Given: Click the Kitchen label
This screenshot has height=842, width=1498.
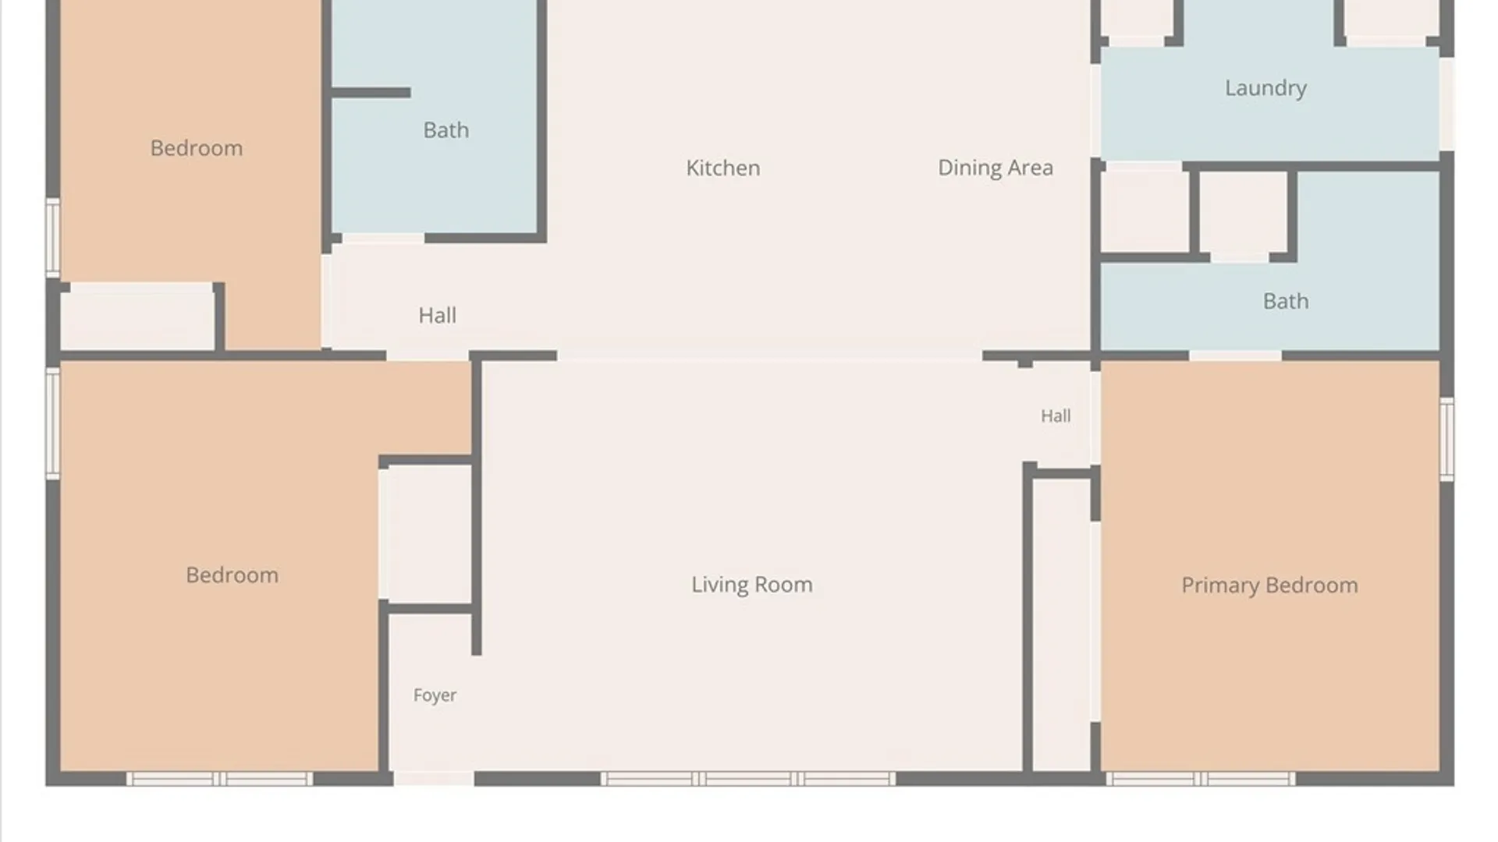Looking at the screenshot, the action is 722,168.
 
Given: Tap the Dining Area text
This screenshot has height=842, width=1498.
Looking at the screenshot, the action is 995,168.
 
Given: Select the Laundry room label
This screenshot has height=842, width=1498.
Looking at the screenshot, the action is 1265,88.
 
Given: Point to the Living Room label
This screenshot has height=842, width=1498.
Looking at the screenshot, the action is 751,584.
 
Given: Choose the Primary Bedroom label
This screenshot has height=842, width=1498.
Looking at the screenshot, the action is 1269,585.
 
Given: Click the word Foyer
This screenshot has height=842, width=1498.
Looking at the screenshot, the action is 435,695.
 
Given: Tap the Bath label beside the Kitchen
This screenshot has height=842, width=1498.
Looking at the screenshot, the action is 445,129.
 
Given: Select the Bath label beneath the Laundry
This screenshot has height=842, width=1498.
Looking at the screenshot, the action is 1286,301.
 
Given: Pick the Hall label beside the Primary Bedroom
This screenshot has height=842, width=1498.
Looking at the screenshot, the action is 1055,416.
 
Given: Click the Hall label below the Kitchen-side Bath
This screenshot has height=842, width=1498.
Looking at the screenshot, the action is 437,315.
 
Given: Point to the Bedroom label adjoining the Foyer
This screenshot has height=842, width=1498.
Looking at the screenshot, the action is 232,575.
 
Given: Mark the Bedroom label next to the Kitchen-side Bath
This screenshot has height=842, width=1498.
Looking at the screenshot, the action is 196,147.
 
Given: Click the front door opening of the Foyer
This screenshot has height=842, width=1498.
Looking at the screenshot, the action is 434,778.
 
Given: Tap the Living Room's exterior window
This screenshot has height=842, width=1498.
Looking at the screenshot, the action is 748,778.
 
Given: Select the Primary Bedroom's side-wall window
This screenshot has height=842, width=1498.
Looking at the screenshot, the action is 1447,439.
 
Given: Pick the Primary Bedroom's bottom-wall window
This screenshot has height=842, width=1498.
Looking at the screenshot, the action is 1201,778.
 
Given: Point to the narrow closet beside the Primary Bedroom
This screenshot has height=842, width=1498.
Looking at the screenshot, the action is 1061,624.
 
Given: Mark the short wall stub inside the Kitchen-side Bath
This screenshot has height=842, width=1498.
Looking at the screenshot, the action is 371,93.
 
